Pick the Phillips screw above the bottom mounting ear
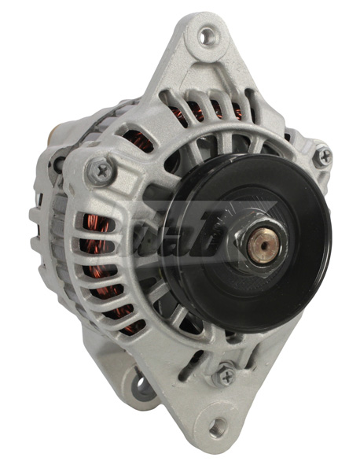click(x=226, y=375)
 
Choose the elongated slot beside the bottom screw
click(x=197, y=364)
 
